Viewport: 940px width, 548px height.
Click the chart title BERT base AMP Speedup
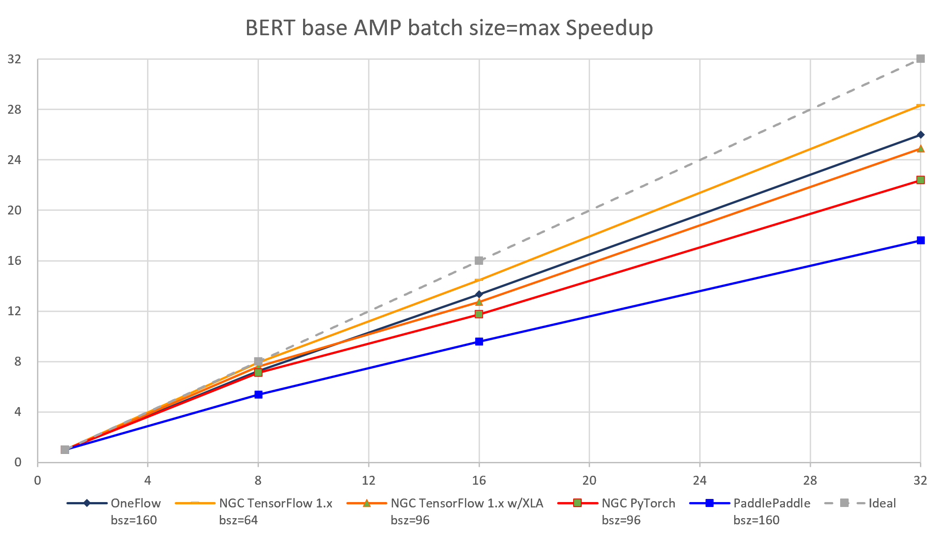tap(449, 28)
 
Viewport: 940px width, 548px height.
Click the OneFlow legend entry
tap(135, 503)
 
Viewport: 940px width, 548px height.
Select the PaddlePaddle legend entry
tap(772, 503)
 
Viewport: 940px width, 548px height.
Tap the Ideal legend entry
tap(882, 503)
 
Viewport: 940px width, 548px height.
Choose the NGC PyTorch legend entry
tap(638, 503)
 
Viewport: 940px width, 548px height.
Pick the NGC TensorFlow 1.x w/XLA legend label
tap(467, 503)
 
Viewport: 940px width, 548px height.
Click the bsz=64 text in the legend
tap(238, 520)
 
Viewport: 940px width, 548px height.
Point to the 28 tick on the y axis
tap(14, 109)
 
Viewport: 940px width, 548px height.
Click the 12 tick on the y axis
tap(14, 311)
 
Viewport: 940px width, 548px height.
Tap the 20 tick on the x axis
tap(589, 480)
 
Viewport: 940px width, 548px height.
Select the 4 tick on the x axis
tap(148, 480)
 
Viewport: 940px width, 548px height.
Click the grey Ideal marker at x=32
tap(920, 59)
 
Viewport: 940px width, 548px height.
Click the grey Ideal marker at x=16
tap(479, 260)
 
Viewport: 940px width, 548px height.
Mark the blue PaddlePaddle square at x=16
tap(479, 342)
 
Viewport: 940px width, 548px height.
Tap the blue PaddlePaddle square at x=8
tap(258, 395)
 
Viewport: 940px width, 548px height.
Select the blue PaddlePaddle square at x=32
tap(920, 240)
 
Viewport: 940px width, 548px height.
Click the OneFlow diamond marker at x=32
tap(920, 135)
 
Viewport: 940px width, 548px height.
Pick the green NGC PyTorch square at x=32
tap(920, 180)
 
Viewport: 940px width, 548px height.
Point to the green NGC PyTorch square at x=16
tap(479, 314)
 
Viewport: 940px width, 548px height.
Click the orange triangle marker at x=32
tap(920, 148)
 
